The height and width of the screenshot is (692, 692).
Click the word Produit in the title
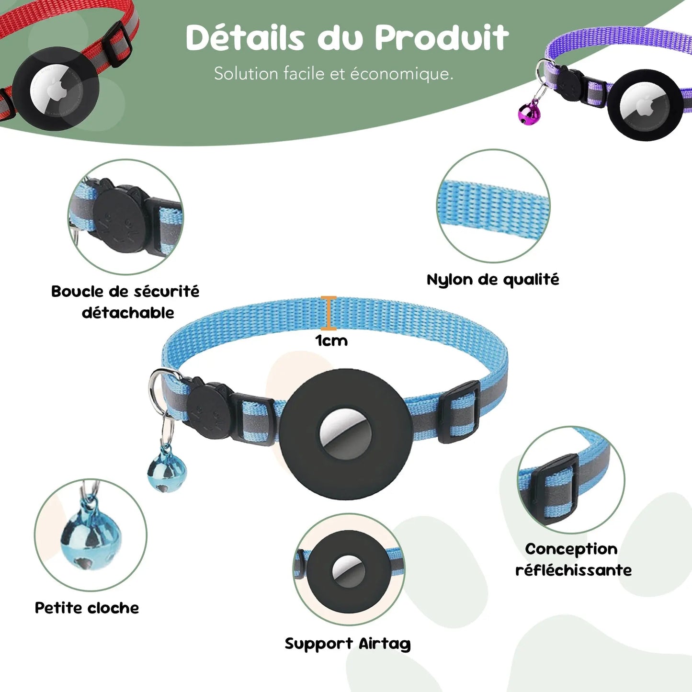(x=442, y=37)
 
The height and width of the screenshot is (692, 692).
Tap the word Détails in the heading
(x=245, y=37)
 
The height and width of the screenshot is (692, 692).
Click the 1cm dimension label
(x=331, y=340)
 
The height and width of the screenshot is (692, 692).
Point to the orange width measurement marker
(x=329, y=313)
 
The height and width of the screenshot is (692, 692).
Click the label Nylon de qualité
(x=493, y=280)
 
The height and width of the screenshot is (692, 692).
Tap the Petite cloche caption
(x=87, y=608)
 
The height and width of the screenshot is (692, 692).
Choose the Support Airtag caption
(x=348, y=644)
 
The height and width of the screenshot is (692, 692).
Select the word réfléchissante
(x=573, y=570)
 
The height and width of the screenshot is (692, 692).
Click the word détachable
(x=128, y=313)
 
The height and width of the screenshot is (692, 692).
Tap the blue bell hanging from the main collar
(x=167, y=472)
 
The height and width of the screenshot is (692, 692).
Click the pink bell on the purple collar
(x=529, y=113)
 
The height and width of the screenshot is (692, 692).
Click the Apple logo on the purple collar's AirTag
(x=646, y=107)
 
